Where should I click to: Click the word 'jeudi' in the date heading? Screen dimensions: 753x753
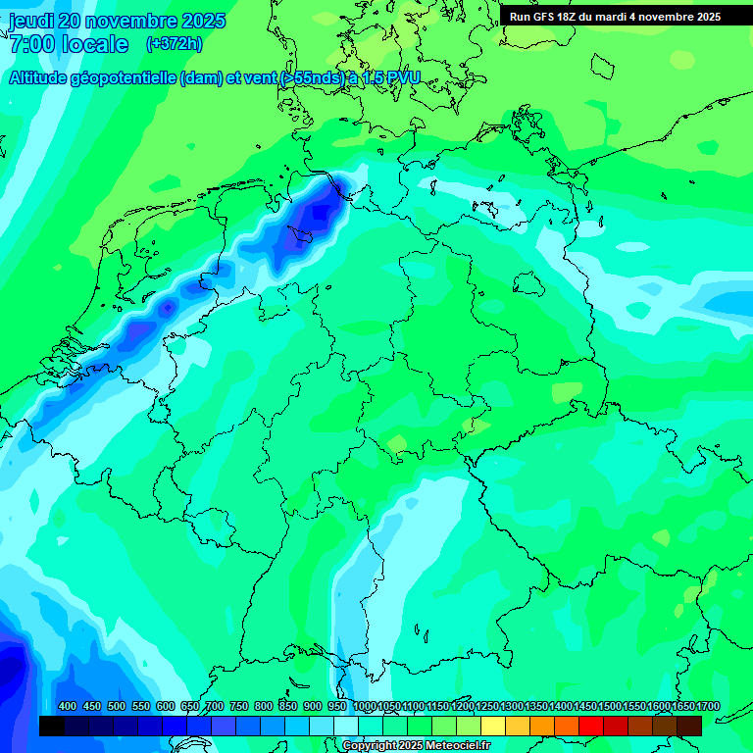pyautogui.click(x=32, y=21)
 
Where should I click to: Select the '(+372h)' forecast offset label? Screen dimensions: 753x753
pyautogui.click(x=174, y=43)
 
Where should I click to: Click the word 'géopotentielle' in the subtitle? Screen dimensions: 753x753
pyautogui.click(x=127, y=78)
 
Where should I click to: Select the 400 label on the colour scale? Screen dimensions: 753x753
pyautogui.click(x=68, y=706)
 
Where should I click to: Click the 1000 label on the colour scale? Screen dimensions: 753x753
pyautogui.click(x=364, y=706)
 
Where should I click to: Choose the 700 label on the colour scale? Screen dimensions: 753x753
pyautogui.click(x=215, y=706)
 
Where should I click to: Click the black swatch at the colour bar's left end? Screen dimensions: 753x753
pyautogui.click(x=51, y=726)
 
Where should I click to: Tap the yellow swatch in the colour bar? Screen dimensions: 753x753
pyautogui.click(x=492, y=726)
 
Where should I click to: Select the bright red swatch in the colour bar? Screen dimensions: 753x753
pyautogui.click(x=590, y=726)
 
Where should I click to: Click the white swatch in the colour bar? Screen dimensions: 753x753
pyautogui.click(x=345, y=726)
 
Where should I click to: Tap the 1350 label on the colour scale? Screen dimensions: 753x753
pyautogui.click(x=536, y=706)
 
